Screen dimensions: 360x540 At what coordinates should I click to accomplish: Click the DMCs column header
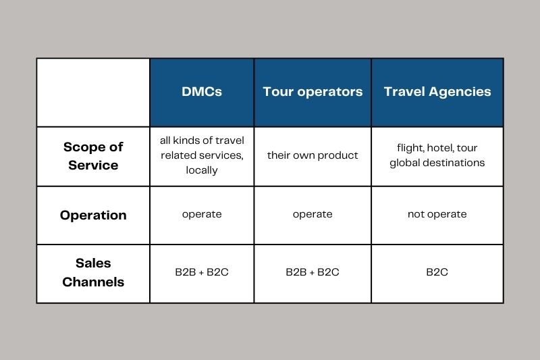pyautogui.click(x=202, y=92)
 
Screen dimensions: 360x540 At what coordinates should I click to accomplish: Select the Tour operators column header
pyautogui.click(x=313, y=92)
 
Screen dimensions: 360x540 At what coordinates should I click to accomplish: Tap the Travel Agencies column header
pyautogui.click(x=437, y=92)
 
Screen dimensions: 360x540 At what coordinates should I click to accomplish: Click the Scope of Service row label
pyautogui.click(x=93, y=156)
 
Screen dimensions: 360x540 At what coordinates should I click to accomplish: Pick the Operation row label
pyautogui.click(x=93, y=215)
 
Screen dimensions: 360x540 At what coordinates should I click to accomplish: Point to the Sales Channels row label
pyautogui.click(x=93, y=273)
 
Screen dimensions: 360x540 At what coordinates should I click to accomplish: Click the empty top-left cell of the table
pyautogui.click(x=93, y=92)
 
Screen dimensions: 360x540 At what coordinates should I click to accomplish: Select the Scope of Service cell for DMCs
pyautogui.click(x=202, y=155)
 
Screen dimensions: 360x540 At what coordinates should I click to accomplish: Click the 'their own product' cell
pyautogui.click(x=313, y=155)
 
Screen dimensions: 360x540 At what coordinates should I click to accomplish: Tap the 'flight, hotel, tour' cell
pyautogui.click(x=437, y=155)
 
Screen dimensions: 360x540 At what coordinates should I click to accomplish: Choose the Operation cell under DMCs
pyautogui.click(x=202, y=214)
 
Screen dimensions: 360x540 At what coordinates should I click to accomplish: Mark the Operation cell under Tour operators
pyautogui.click(x=313, y=214)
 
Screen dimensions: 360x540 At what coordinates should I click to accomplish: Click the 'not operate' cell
pyautogui.click(x=437, y=214)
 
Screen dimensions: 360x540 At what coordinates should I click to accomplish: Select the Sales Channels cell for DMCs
pyautogui.click(x=202, y=273)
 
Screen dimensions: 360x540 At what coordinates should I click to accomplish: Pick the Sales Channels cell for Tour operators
pyautogui.click(x=313, y=273)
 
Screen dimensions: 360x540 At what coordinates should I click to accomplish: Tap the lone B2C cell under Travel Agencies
pyautogui.click(x=437, y=273)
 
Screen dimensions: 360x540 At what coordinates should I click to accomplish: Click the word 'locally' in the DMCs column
pyautogui.click(x=202, y=170)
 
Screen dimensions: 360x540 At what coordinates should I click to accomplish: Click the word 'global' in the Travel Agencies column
pyautogui.click(x=404, y=163)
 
